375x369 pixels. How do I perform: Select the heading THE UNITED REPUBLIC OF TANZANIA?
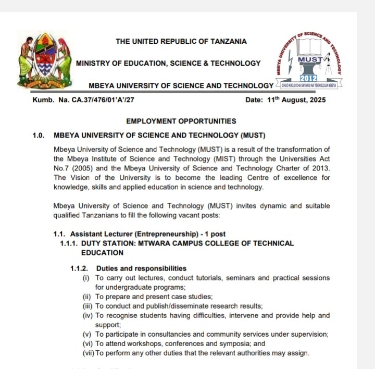coord(181,41)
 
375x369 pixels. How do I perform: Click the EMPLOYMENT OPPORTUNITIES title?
coord(181,121)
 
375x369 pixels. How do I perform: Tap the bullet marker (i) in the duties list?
coord(86,278)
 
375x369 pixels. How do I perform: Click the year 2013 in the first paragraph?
coord(319,168)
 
